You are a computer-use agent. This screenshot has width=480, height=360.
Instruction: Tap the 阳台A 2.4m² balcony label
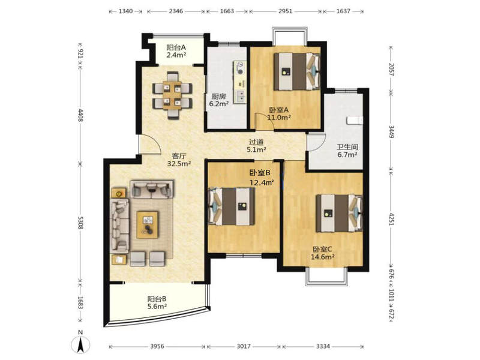[176, 52]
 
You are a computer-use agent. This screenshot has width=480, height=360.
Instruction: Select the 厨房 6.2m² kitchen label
[219, 100]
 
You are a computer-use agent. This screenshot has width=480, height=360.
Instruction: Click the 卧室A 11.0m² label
[279, 113]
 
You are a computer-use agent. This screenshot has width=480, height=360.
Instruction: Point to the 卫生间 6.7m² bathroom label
[347, 151]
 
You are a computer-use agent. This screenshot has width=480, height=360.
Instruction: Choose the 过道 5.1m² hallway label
[256, 146]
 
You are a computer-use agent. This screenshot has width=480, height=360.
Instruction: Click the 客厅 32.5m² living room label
[179, 160]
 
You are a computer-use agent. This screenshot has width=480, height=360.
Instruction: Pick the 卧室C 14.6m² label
[322, 253]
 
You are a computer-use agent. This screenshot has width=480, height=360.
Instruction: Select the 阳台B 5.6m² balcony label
[157, 302]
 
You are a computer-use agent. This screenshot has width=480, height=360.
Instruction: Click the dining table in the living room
[173, 95]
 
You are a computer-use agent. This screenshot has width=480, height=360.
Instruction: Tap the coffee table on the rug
[148, 224]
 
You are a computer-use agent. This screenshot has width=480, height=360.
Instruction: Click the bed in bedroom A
[296, 71]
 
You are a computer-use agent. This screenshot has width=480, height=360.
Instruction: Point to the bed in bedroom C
[339, 213]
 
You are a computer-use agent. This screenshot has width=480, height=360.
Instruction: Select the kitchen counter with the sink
[240, 82]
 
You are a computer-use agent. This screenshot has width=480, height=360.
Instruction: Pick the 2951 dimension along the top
[286, 11]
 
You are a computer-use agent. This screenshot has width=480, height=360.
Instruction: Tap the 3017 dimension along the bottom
[244, 346]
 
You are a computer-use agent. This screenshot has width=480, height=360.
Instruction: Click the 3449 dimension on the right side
[391, 131]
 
